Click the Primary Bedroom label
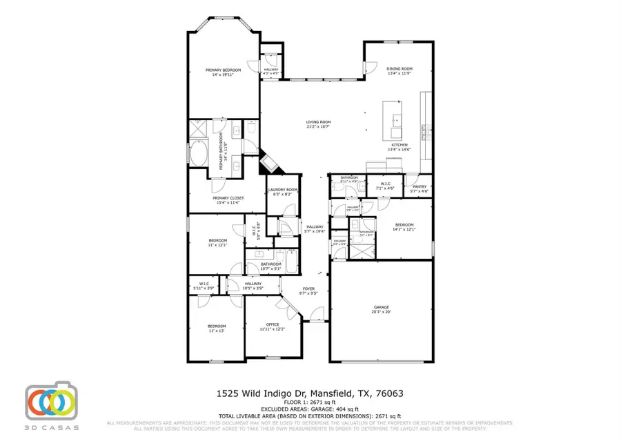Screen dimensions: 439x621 [223, 70]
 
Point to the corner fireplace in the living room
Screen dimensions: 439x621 [268, 164]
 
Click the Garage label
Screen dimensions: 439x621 [382, 306]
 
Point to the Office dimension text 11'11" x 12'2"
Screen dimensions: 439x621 [272, 329]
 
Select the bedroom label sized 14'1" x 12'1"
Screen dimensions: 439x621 [404, 225]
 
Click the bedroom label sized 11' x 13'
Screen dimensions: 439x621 [217, 326]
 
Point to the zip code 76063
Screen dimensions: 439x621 [388, 393]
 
